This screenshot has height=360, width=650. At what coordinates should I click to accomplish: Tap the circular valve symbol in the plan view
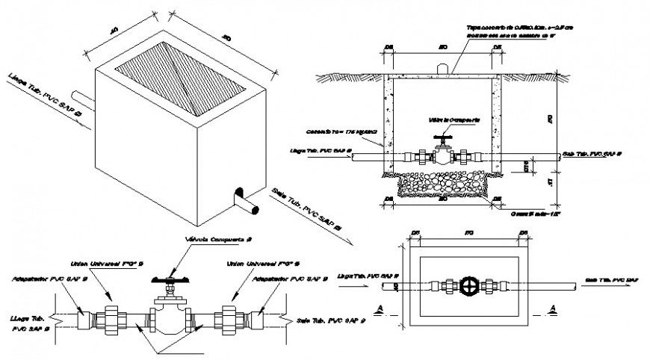pyautogui.click(x=468, y=286)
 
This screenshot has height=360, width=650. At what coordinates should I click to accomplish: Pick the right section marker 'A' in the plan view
pyautogui.click(x=552, y=308)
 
